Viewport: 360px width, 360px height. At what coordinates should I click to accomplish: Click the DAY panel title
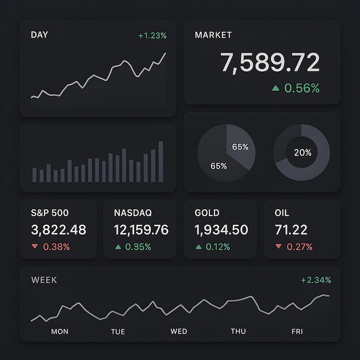point(40,35)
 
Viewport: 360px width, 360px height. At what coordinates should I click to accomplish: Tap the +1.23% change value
point(152,36)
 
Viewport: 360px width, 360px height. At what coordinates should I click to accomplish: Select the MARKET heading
point(213,35)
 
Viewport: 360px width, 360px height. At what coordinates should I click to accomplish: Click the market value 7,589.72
point(270,63)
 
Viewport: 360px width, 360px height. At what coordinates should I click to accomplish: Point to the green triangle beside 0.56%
point(275,88)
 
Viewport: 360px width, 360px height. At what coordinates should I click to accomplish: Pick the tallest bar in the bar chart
point(160,162)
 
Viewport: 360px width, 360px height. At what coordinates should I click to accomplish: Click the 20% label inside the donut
point(302,152)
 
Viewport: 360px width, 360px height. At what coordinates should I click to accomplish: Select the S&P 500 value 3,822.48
point(58,230)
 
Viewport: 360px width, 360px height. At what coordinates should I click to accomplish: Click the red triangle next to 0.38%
point(35,247)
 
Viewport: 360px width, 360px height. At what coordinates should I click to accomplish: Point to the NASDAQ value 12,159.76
point(141,230)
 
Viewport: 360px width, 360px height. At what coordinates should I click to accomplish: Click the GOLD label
point(207,213)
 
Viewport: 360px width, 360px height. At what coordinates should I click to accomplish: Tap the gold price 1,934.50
point(221,230)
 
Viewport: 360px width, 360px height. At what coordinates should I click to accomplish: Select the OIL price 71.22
point(291,230)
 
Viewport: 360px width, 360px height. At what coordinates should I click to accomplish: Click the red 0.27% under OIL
point(300,247)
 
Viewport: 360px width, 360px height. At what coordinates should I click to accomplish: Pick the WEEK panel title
point(44,280)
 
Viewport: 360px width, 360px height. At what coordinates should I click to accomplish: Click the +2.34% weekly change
point(316,280)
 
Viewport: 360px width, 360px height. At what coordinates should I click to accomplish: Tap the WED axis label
point(179,331)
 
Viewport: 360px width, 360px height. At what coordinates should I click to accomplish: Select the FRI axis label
point(297,331)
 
